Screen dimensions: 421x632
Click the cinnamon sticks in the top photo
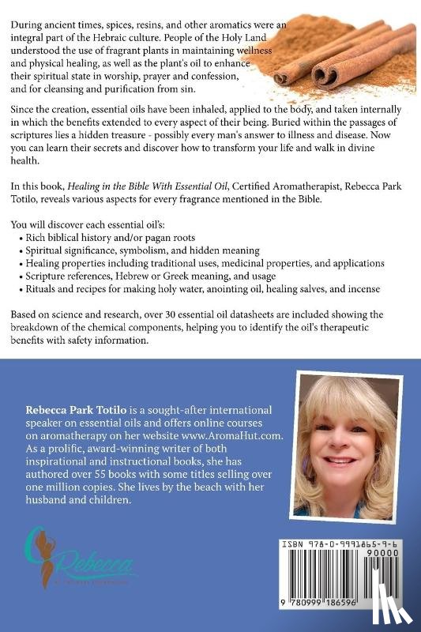348,55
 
